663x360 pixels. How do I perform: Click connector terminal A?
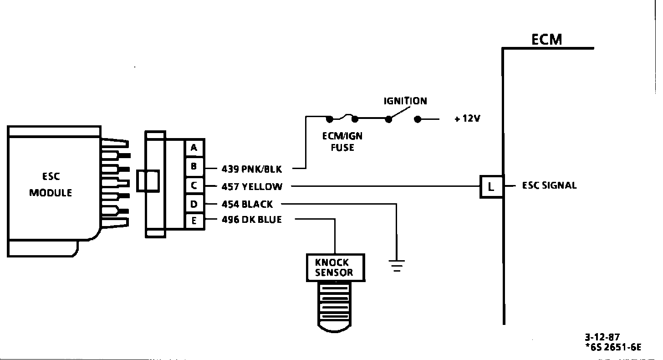tap(194, 148)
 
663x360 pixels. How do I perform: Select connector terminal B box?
tap(194, 167)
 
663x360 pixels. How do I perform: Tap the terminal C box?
tap(194, 186)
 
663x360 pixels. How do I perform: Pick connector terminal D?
tap(194, 204)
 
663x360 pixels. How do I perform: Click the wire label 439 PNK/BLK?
tap(252, 169)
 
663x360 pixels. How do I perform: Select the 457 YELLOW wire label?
tap(252, 186)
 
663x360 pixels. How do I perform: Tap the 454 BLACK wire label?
tap(247, 204)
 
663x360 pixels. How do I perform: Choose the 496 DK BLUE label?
tap(251, 220)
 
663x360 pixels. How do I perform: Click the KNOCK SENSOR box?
tap(335, 267)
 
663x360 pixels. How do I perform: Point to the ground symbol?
tap(397, 264)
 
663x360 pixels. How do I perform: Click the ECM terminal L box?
tap(491, 186)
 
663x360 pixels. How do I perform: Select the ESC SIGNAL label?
tap(549, 185)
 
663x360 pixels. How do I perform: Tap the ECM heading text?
tap(546, 40)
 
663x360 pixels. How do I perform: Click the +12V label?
tap(467, 119)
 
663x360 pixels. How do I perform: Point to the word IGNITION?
tap(405, 101)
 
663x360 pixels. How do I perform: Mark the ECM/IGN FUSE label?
tap(342, 142)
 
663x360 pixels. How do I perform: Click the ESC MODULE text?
tap(51, 184)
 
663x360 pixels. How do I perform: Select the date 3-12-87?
tap(602, 337)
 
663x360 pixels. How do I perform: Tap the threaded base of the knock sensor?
tap(335, 303)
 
